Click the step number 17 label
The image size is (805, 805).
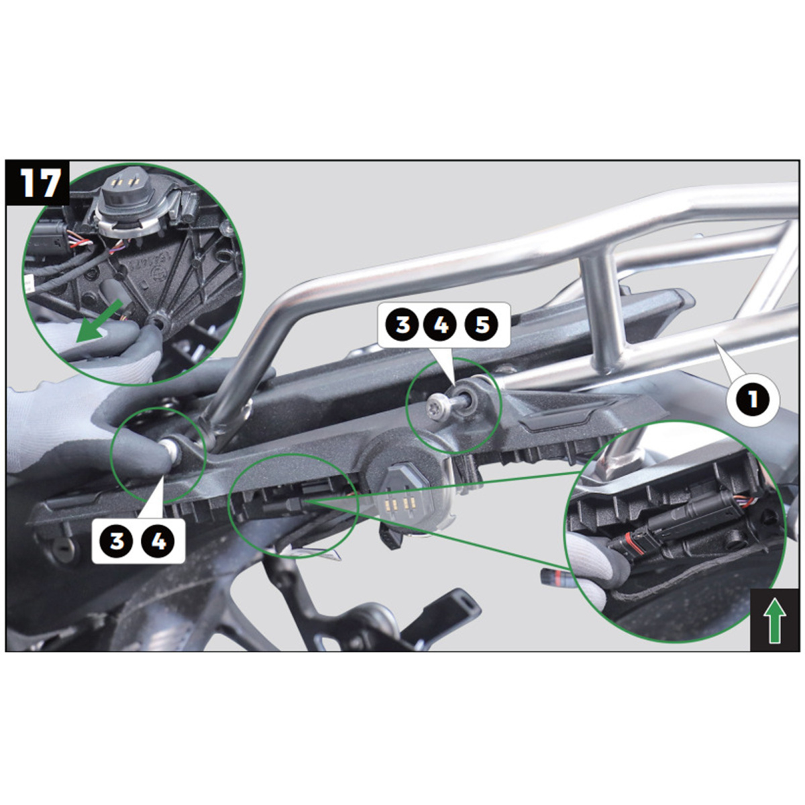[40, 183]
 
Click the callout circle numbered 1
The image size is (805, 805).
[753, 399]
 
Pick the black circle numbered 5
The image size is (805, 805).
[482, 325]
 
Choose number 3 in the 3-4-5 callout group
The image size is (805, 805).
[401, 325]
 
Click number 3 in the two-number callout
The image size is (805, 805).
[117, 541]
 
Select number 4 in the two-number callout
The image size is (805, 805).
[158, 541]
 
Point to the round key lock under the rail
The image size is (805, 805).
[66, 547]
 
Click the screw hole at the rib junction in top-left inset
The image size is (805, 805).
[159, 322]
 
